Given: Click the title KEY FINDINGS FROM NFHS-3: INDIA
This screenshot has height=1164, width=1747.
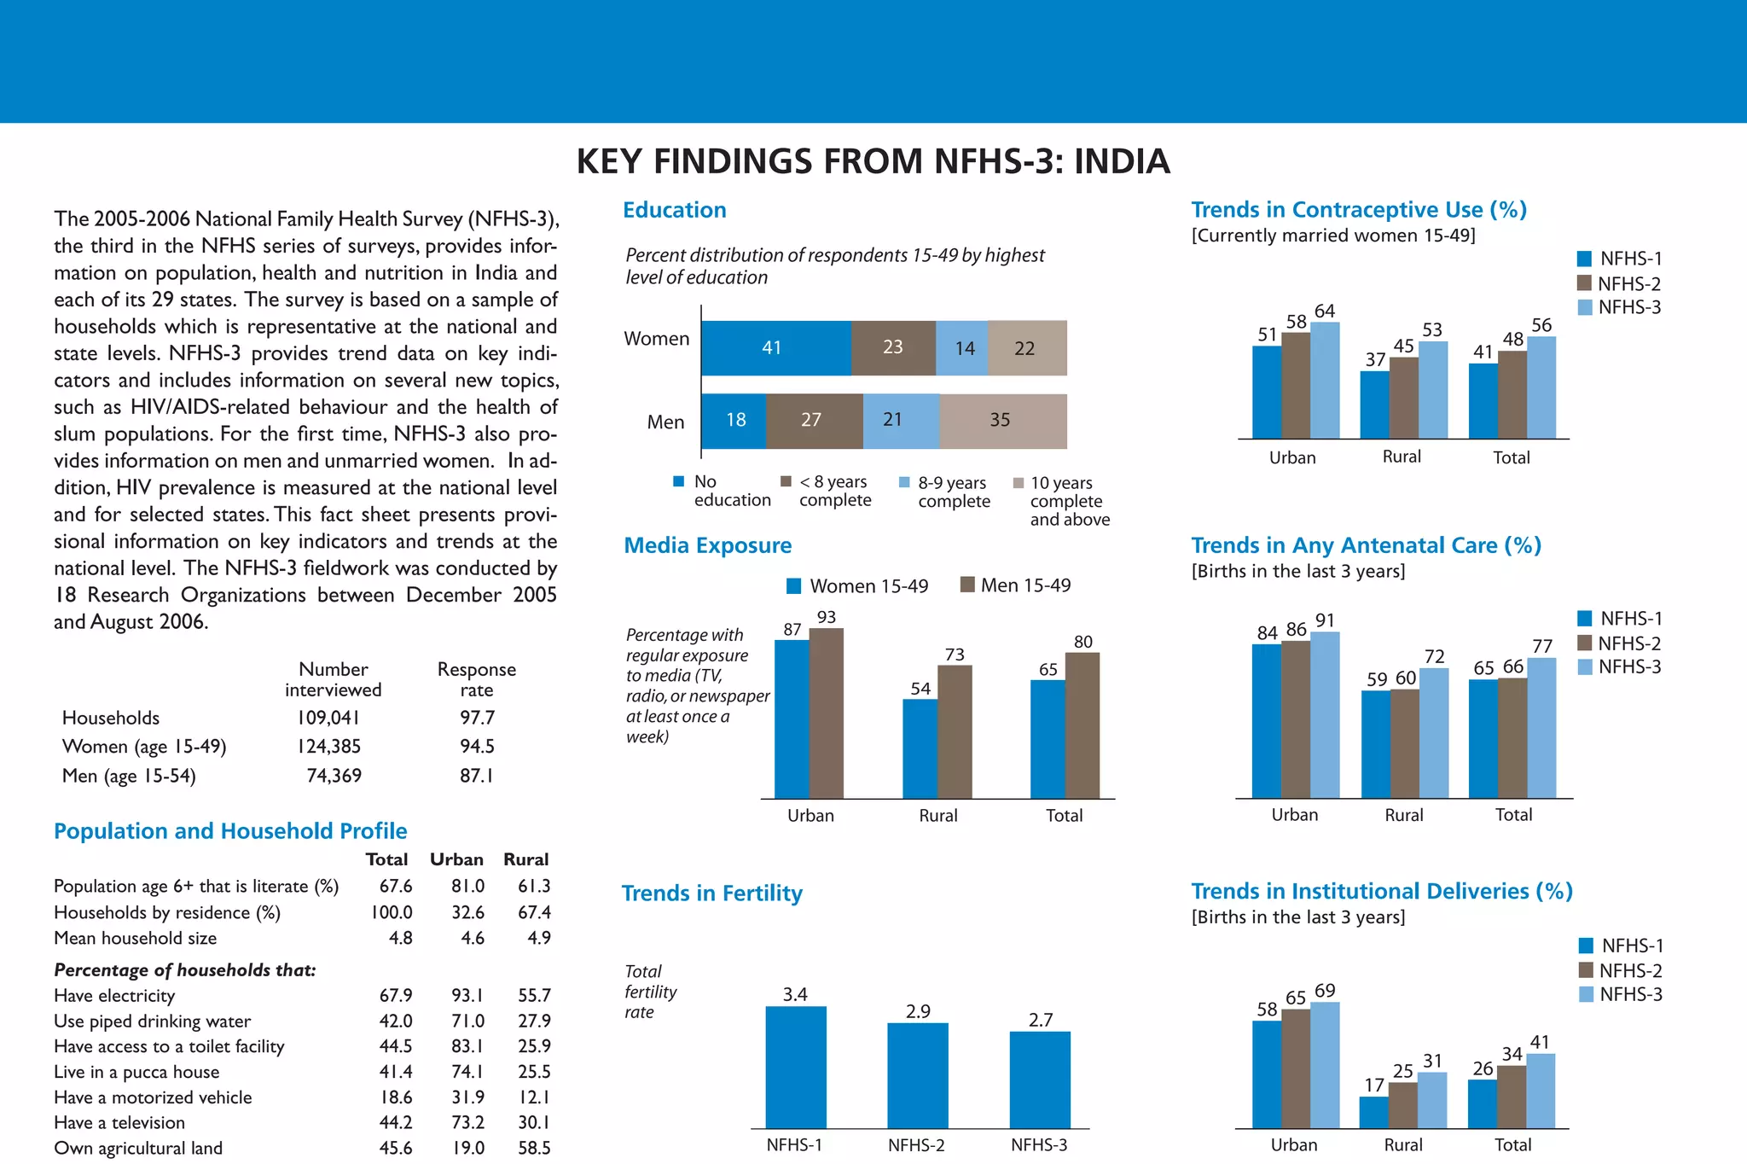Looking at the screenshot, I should (873, 161).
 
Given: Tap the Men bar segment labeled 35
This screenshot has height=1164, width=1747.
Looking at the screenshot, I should (1002, 421).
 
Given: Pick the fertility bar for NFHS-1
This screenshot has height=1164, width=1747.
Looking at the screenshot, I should (795, 1068).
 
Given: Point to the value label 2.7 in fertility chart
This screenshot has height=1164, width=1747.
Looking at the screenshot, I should (1041, 1020).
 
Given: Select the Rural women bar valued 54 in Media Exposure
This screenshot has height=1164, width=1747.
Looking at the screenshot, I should (920, 748).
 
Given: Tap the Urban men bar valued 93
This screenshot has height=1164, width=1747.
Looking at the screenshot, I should (826, 713).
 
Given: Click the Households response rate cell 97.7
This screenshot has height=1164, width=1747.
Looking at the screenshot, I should (477, 718).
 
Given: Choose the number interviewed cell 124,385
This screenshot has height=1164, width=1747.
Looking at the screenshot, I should (329, 747).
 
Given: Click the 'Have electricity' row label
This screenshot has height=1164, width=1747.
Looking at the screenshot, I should (114, 996).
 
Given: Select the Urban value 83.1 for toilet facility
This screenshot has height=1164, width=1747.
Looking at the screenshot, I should (467, 1046).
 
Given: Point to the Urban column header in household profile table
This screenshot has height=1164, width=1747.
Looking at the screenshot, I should (456, 859).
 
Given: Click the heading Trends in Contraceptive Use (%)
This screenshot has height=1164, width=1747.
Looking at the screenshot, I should (1358, 210).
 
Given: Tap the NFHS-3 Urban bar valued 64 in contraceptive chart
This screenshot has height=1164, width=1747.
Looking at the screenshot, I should (1325, 381).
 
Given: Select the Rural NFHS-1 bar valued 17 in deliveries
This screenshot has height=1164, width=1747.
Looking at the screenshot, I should (1373, 1112).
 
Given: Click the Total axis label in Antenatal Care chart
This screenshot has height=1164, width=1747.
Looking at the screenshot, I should (1513, 815).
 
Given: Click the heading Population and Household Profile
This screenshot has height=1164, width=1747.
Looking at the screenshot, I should (230, 831).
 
